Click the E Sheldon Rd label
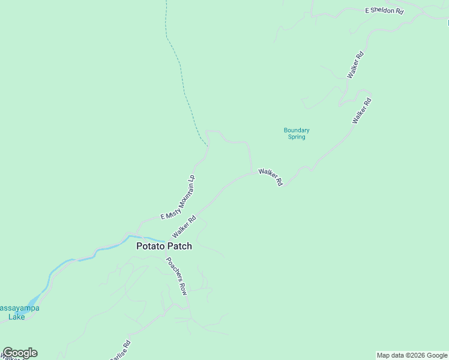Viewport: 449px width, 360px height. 384,11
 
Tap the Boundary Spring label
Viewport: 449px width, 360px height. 296,133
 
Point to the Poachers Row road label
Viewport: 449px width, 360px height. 176,276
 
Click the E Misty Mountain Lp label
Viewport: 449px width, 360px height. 178,197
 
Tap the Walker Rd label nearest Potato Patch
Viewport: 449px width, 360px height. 184,227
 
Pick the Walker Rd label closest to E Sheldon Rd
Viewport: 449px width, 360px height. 355,65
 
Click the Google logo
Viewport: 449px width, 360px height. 20,353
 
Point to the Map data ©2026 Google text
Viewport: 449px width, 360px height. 412,355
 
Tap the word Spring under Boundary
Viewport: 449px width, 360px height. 296,137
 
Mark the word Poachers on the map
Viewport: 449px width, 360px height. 173,271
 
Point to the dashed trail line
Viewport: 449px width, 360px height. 180,66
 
